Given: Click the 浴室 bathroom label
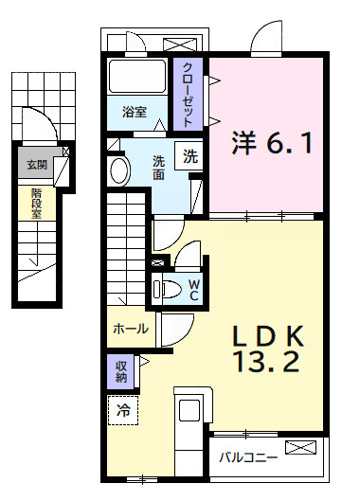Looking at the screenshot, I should click(x=135, y=112).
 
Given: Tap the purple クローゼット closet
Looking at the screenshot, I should click(x=187, y=94).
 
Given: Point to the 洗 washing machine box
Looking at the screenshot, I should click(x=191, y=157).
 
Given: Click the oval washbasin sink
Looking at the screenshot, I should click(x=120, y=171).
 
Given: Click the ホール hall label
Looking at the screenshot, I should click(x=130, y=329).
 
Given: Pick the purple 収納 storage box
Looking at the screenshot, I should click(x=122, y=370).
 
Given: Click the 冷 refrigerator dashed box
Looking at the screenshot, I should click(x=122, y=410).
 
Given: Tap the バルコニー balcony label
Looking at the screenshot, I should click(x=248, y=456).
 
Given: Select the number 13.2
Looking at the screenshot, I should click(x=267, y=362).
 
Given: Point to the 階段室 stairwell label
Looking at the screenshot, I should click(x=37, y=201).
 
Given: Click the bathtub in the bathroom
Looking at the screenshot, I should click(x=136, y=75).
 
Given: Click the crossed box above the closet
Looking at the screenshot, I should click(x=177, y=44).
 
